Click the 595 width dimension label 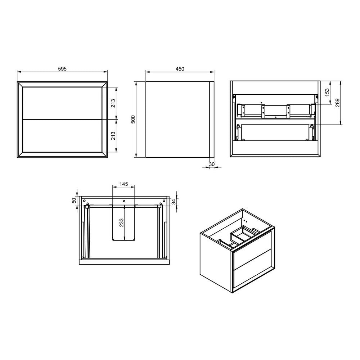click(x=62, y=68)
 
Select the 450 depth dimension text click(x=179, y=69)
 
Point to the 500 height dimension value click(x=133, y=120)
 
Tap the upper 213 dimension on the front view click(x=113, y=103)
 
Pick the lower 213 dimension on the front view click(x=113, y=136)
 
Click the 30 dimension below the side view click(x=211, y=164)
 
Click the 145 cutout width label click(x=123, y=184)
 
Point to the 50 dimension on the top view click(x=74, y=200)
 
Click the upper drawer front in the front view click(x=62, y=103)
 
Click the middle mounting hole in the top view click(x=124, y=201)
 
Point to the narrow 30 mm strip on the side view click(x=211, y=120)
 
